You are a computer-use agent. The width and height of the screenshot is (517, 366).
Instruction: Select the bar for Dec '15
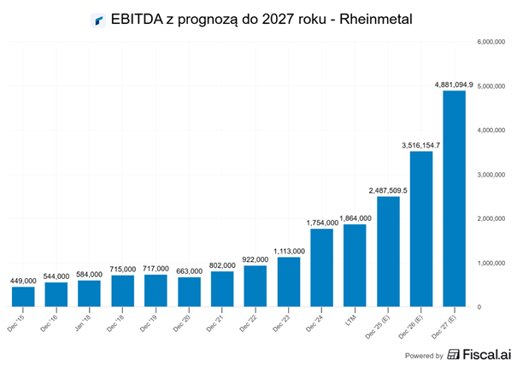(x=24, y=296)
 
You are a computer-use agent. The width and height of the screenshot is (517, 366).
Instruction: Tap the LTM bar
(x=355, y=264)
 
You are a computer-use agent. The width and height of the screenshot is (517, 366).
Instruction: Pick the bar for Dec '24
(x=321, y=267)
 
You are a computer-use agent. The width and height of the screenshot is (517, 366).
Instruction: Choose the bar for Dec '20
(x=189, y=291)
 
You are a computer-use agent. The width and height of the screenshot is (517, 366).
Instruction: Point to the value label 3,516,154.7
(x=420, y=145)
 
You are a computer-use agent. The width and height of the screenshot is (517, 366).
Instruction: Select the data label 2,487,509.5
(x=387, y=190)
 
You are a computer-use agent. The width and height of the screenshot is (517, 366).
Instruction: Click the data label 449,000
(x=24, y=281)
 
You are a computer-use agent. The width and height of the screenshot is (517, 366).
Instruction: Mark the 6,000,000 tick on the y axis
(x=495, y=41)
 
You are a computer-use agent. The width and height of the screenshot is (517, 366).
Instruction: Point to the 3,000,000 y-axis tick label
(x=495, y=174)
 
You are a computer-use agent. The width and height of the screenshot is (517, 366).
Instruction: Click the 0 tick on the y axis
(x=481, y=306)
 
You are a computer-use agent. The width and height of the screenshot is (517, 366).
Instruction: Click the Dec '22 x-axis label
(x=256, y=322)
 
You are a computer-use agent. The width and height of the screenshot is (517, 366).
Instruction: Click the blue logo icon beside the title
(x=97, y=20)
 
